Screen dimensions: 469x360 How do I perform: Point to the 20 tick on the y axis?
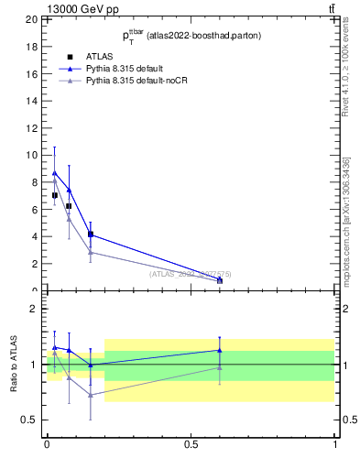tap(32, 19)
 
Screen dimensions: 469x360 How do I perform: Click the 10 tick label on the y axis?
tap(32, 155)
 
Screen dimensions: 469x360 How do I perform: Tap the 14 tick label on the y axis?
tap(32, 101)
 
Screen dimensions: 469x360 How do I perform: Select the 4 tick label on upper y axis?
tap(35, 236)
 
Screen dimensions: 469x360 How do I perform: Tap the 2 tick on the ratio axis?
tap(35, 309)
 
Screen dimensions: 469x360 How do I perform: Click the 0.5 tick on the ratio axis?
tap(31, 420)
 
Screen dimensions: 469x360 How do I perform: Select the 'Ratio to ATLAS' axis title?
tap(14, 364)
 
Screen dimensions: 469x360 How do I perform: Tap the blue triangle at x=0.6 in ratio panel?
tap(220, 350)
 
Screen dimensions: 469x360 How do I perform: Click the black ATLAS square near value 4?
tap(90, 234)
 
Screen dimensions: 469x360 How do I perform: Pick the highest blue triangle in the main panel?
tap(55, 172)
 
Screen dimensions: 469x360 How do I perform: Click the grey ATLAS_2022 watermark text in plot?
tap(191, 273)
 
